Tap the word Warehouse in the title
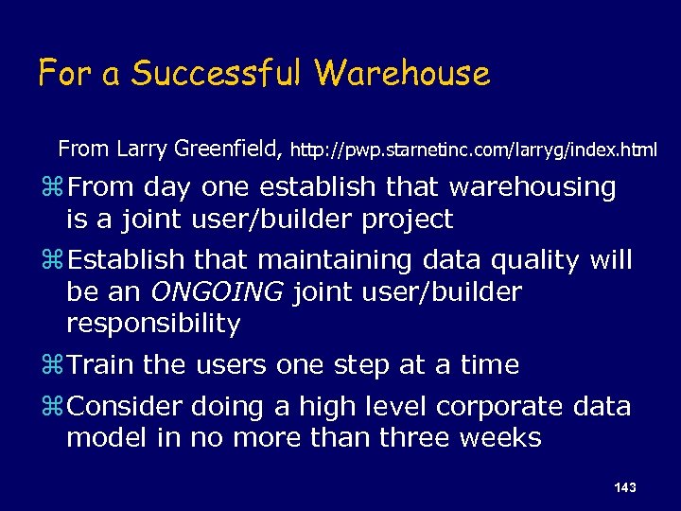pyautogui.click(x=403, y=73)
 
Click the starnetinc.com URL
pyautogui.click(x=474, y=150)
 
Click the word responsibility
pyautogui.click(x=153, y=324)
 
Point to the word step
pyautogui.click(x=366, y=365)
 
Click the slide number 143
pyautogui.click(x=624, y=486)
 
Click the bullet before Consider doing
pyautogui.click(x=56, y=408)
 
